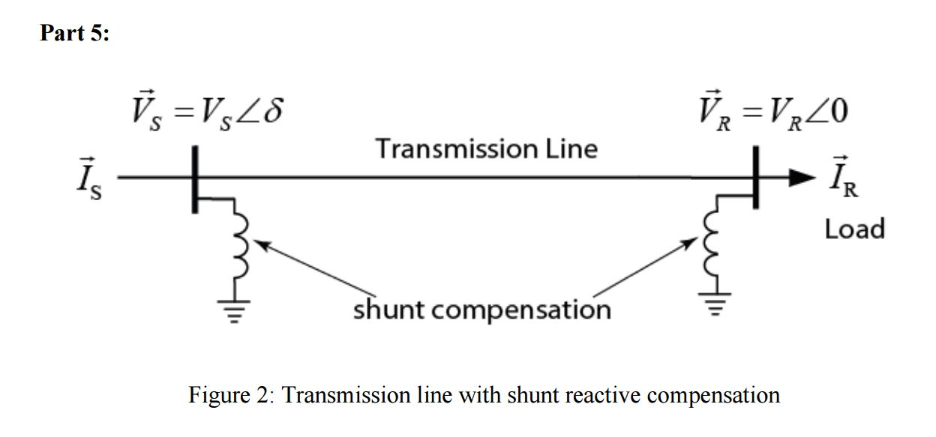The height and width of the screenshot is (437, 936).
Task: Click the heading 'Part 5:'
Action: click(74, 34)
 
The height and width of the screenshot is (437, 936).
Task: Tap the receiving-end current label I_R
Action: click(842, 180)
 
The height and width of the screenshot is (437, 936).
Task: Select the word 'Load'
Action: click(854, 228)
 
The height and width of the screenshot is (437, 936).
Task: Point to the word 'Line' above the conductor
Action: click(571, 148)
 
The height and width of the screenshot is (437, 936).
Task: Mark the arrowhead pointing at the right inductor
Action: click(691, 244)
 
